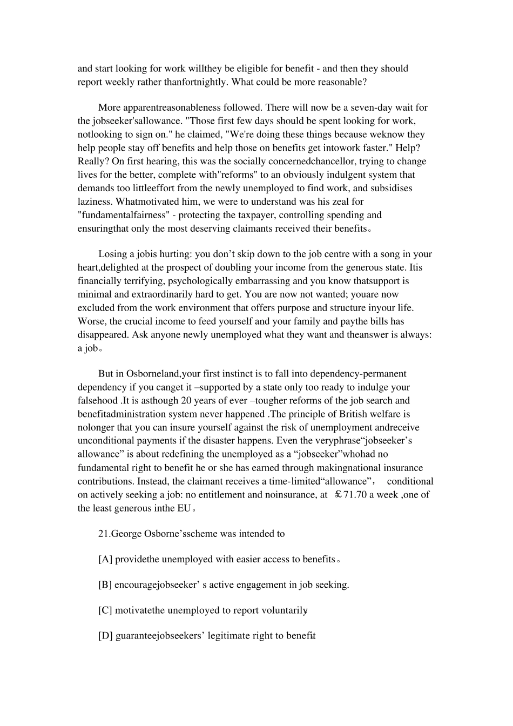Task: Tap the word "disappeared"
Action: coord(103,335)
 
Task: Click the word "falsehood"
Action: coord(98,401)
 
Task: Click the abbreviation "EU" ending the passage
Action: coord(184,508)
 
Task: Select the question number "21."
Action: coord(104,534)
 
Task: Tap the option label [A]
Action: coord(105,560)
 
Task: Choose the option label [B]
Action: coord(105,585)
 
